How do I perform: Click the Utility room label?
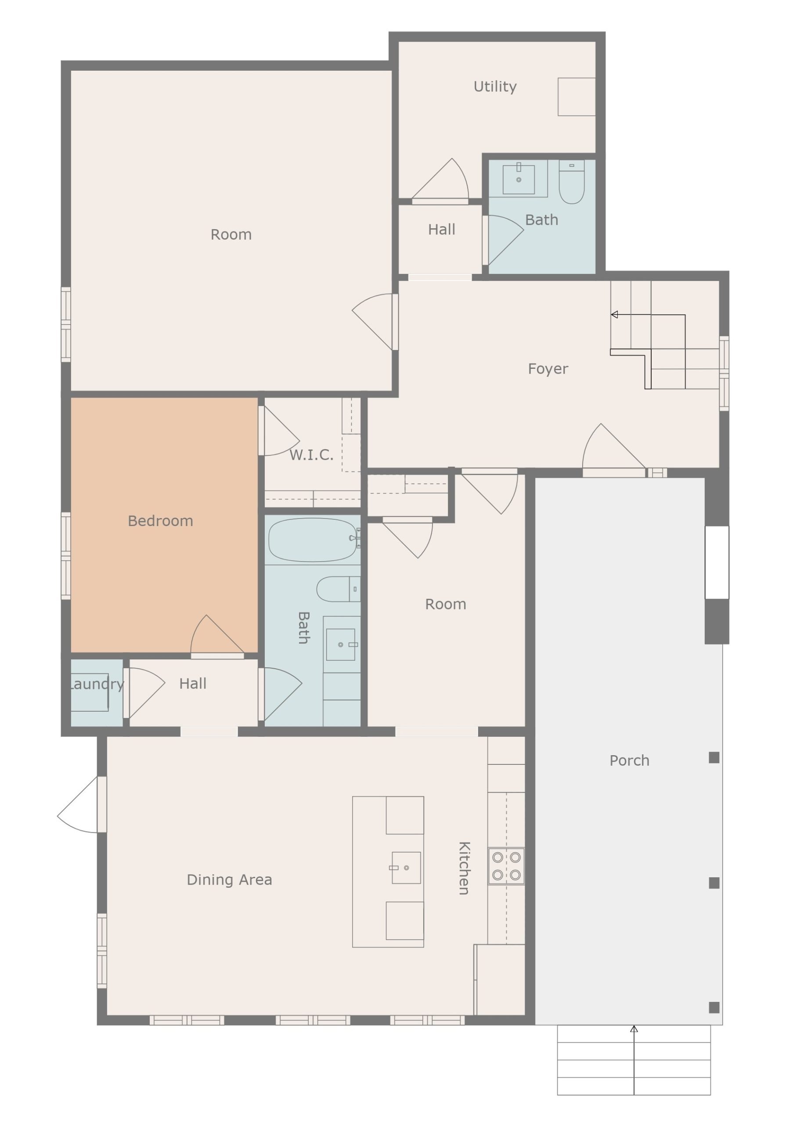[x=495, y=86]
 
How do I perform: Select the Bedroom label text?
[x=161, y=521]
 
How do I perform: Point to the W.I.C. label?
[x=311, y=455]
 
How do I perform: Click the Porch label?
[x=629, y=760]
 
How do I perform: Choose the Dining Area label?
[x=229, y=880]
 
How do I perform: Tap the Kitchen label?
[x=464, y=868]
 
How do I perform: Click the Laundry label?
[x=97, y=684]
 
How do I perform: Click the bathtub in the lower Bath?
[x=313, y=540]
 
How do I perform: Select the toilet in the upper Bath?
[x=572, y=182]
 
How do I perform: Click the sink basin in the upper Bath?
[x=519, y=179]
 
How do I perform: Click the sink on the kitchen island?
[x=406, y=868]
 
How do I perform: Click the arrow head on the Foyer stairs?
[x=614, y=314]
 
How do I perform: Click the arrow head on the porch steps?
[x=634, y=1029]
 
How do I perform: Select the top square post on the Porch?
[x=714, y=758]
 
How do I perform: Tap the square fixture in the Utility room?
[x=577, y=97]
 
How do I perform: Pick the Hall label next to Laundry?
[x=193, y=684]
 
